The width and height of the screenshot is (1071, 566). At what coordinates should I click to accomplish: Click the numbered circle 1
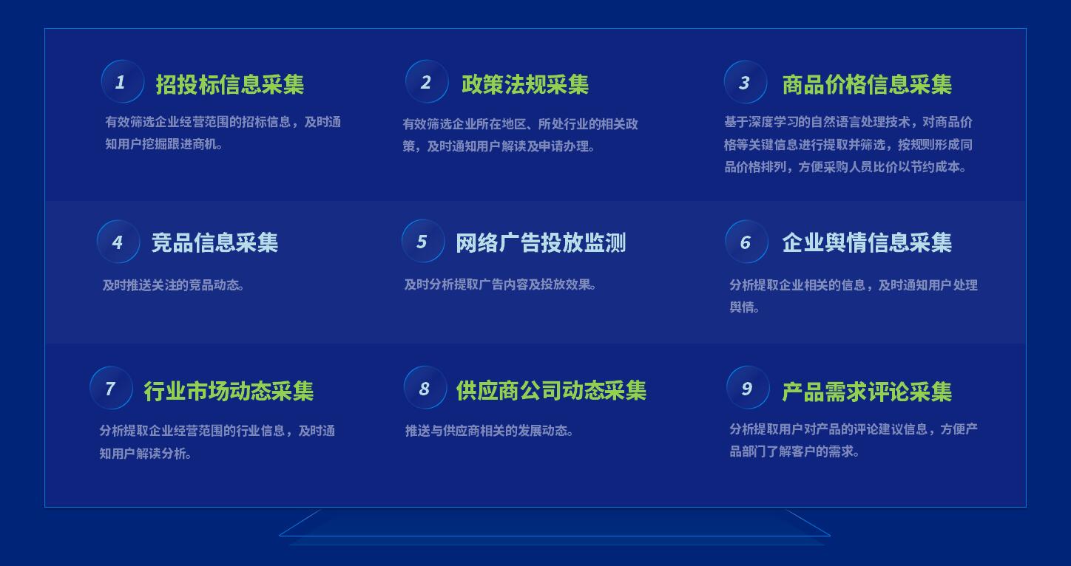click(x=122, y=81)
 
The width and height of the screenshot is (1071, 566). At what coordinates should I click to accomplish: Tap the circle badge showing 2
click(x=427, y=81)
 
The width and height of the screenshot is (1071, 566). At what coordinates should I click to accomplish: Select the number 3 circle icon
click(x=746, y=82)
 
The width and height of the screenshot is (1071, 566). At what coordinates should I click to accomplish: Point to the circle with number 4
click(x=118, y=241)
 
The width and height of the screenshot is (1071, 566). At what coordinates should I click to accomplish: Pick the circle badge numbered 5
click(x=423, y=241)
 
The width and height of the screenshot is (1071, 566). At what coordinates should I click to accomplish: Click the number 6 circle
click(x=746, y=241)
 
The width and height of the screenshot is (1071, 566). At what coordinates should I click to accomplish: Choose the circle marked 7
click(x=112, y=387)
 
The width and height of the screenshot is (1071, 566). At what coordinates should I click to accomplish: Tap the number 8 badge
click(x=425, y=387)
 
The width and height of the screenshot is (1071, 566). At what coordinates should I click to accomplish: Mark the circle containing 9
click(x=748, y=387)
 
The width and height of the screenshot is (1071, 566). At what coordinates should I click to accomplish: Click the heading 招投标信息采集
click(x=230, y=84)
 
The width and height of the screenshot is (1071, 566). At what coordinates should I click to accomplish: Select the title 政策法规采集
click(x=525, y=84)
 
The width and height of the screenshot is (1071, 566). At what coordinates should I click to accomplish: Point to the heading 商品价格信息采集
click(x=867, y=84)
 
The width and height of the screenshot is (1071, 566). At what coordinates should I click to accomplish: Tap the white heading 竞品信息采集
click(x=214, y=242)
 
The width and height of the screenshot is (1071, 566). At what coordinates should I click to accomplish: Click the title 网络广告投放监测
click(x=541, y=242)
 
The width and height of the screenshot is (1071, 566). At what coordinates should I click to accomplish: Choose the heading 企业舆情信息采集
click(x=867, y=242)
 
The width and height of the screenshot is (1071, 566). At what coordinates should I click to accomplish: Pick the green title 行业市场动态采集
click(x=229, y=391)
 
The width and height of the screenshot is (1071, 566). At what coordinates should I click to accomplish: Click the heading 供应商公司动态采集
click(x=551, y=391)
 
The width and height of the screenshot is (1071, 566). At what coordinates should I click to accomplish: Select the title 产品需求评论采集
click(x=867, y=392)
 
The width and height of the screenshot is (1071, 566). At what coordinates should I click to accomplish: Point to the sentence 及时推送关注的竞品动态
click(x=173, y=285)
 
